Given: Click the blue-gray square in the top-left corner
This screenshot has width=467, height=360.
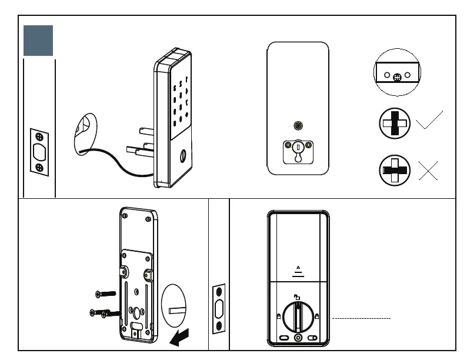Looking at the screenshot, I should pos(38,41).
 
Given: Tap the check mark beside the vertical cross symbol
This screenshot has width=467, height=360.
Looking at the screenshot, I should pos(429,121).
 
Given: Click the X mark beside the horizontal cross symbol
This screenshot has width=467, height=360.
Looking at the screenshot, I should pos(429,170).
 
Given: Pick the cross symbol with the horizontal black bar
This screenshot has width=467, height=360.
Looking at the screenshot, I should pos(395,171).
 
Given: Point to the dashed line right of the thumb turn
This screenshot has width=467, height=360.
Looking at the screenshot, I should pos(362,318).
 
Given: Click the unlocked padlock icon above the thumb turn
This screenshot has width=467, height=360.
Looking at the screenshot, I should pos(298,298).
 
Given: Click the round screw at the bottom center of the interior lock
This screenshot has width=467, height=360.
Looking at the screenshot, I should pos(298,338).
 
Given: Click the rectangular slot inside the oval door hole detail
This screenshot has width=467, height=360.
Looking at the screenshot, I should pos(176,309).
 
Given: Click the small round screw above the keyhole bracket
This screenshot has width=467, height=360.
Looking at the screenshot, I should pos(298,125).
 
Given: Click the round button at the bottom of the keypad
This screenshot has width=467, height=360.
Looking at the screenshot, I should pos(182,157).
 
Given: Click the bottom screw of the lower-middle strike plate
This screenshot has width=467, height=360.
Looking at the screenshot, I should pos(219,325).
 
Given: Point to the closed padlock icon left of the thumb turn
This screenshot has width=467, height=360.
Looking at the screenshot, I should pos(278,316).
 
